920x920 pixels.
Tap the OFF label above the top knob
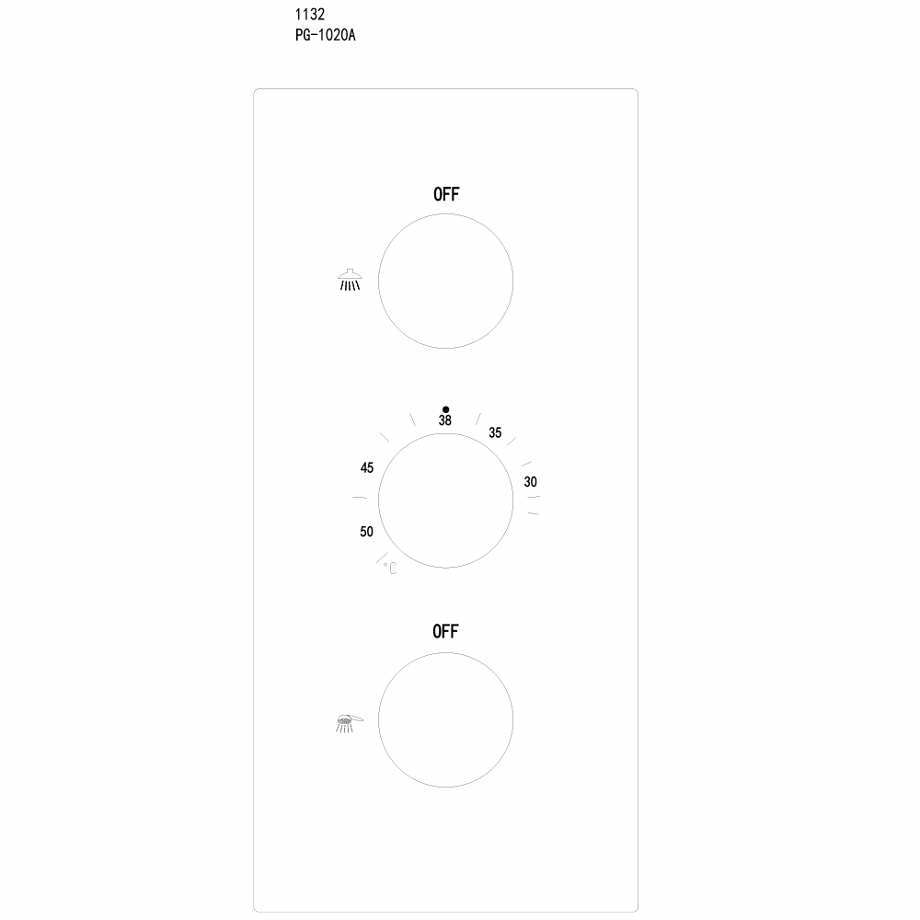[x=446, y=194]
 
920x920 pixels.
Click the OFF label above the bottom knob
[x=446, y=631]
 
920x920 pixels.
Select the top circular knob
[x=446, y=282]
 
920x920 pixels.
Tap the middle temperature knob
[x=446, y=501]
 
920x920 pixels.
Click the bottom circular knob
[x=446, y=719]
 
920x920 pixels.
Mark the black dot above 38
[x=446, y=408]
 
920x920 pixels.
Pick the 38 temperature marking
[x=445, y=420]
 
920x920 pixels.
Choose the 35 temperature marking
[x=495, y=432]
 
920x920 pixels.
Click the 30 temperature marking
[x=531, y=482]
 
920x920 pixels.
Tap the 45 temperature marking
[x=367, y=468]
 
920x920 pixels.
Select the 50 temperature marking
[x=366, y=532]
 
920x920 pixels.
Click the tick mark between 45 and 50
[x=360, y=498]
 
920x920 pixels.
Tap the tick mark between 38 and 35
[x=477, y=418]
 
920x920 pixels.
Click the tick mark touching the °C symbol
[x=380, y=557]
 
